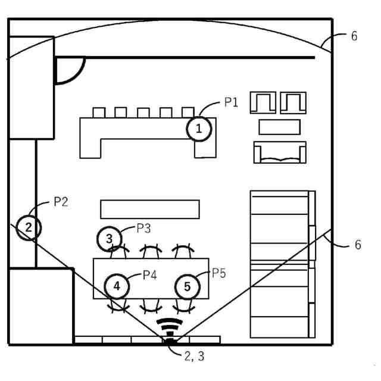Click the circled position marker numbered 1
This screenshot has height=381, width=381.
pyautogui.click(x=199, y=129)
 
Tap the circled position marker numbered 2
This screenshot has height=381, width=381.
pyautogui.click(x=29, y=228)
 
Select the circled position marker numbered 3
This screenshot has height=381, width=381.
pyautogui.click(x=110, y=239)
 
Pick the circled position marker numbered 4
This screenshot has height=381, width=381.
pyautogui.click(x=117, y=286)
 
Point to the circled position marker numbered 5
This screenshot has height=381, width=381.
pyautogui.click(x=188, y=287)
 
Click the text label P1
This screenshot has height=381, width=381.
pyautogui.click(x=231, y=102)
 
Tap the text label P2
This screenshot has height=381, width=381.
pyautogui.click(x=61, y=202)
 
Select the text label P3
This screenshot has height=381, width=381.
pyautogui.click(x=143, y=229)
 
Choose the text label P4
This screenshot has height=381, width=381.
pyautogui.click(x=149, y=275)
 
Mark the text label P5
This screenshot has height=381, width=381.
pyautogui.click(x=218, y=273)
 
